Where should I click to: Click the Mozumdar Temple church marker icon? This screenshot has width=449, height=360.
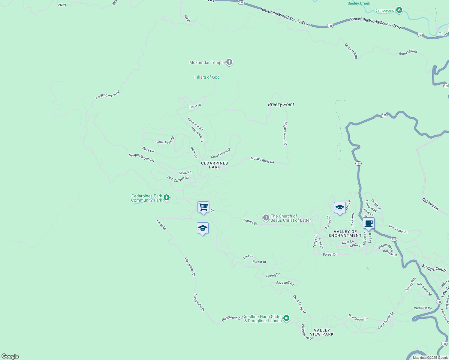[229, 62]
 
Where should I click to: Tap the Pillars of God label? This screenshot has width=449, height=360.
[207, 77]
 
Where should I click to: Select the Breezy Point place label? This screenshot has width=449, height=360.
[281, 104]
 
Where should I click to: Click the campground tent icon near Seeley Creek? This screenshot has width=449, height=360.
[399, 10]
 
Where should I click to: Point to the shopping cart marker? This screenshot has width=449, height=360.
[203, 207]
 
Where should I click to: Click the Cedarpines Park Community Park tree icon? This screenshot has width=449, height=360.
[167, 198]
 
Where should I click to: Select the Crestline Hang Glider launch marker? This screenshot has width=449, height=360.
[286, 318]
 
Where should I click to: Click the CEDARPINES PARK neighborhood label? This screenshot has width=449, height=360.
[215, 165]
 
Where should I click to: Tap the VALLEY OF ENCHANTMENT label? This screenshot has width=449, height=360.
[345, 233]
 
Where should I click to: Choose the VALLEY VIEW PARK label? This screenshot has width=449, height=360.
[322, 332]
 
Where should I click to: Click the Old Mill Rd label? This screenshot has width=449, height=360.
[430, 204]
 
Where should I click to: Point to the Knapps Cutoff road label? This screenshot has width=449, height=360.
[434, 268]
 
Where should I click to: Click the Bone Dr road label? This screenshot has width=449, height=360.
[195, 106]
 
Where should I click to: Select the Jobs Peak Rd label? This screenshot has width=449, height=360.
[165, 141]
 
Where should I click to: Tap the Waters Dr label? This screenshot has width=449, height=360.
[250, 222]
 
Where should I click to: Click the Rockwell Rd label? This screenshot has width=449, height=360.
[285, 283]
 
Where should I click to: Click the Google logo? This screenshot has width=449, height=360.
[10, 356]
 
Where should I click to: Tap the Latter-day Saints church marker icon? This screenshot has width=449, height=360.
[266, 218]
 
